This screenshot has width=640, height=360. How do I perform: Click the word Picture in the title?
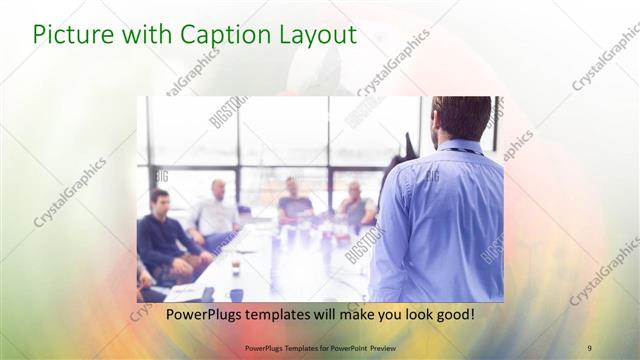70,35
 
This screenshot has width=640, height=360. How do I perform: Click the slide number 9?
589,347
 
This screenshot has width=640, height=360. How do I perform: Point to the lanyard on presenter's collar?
462,151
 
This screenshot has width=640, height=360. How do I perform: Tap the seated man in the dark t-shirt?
293,200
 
